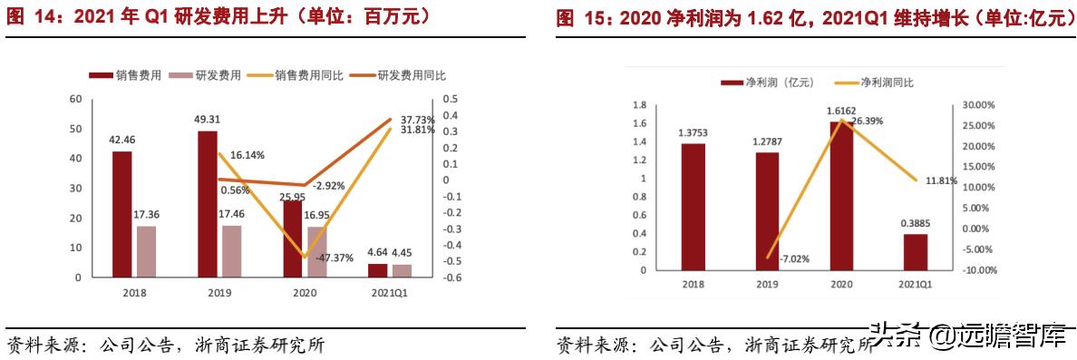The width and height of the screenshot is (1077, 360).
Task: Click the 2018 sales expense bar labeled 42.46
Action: tap(121, 214)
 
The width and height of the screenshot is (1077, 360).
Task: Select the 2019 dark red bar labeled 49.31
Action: tap(208, 204)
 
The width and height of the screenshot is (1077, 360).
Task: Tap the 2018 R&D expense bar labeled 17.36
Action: tap(146, 251)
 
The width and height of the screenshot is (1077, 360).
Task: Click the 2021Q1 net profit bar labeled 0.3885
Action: tap(916, 252)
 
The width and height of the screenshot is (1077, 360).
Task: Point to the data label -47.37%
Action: tap(335, 258)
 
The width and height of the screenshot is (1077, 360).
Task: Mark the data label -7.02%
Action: tap(790, 258)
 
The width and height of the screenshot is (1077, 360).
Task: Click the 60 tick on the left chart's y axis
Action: tap(75, 99)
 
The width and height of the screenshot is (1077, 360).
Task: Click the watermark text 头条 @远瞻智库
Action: tap(968, 336)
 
